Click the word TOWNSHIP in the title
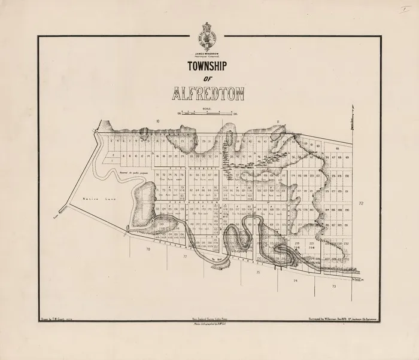click(208, 67)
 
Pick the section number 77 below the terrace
click(185, 255)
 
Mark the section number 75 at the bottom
click(257, 272)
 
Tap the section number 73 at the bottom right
click(333, 287)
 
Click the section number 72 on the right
click(362, 205)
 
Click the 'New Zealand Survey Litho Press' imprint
click(207, 321)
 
